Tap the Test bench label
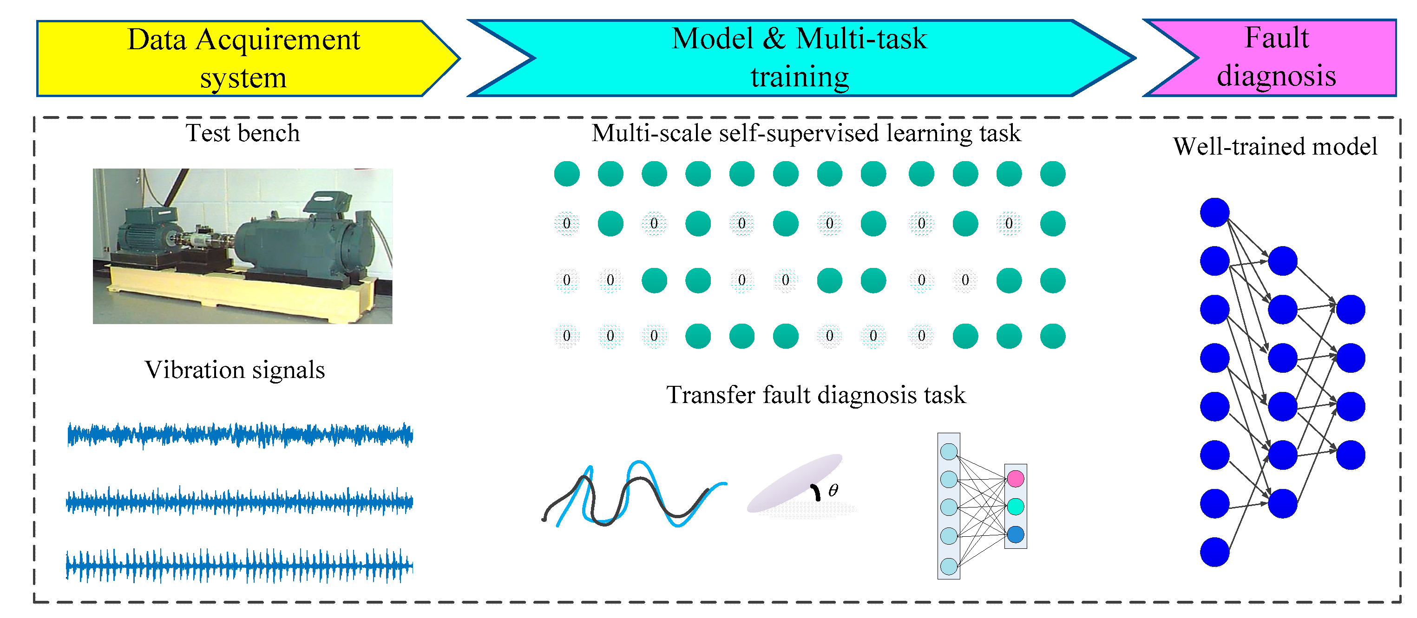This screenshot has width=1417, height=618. pyautogui.click(x=243, y=134)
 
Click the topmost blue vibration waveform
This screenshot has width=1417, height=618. pyautogui.click(x=239, y=435)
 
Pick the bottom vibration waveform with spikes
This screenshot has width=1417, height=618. pyautogui.click(x=239, y=565)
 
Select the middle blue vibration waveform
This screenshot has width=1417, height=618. pyautogui.click(x=239, y=501)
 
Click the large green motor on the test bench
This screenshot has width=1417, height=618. pyautogui.click(x=308, y=242)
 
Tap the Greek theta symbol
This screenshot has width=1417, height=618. pyautogui.click(x=833, y=490)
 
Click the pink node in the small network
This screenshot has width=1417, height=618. pyautogui.click(x=1016, y=478)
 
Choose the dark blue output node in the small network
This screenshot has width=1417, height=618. pyautogui.click(x=1016, y=534)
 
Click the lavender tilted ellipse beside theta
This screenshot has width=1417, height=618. pyautogui.click(x=795, y=483)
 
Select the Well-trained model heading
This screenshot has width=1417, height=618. pyautogui.click(x=1275, y=147)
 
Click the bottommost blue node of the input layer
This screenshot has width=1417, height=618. pyautogui.click(x=1214, y=552)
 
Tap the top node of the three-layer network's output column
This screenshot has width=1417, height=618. pyautogui.click(x=1351, y=310)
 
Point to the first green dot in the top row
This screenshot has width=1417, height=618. pyautogui.click(x=567, y=174)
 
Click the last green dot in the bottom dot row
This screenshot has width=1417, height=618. pyautogui.click(x=1053, y=336)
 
